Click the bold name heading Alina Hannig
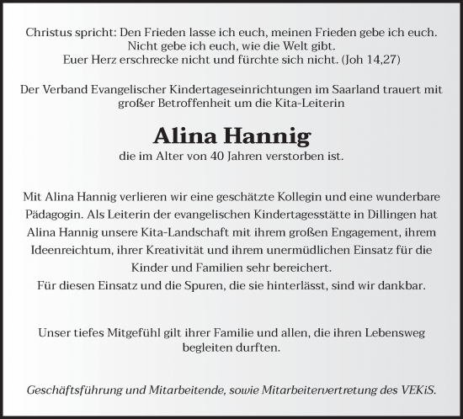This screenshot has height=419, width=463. click(231, 135)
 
